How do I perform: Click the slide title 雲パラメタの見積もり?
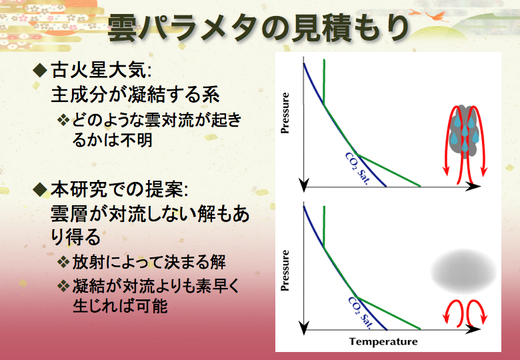258,29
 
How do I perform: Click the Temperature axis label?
383,342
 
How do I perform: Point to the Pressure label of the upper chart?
285,113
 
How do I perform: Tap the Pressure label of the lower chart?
285,271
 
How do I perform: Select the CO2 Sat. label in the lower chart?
360,312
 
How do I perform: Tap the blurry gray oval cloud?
464,272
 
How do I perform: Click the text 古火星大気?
101,70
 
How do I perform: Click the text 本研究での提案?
119,189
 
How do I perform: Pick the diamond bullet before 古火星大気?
40,70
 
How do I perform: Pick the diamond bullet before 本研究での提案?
40,189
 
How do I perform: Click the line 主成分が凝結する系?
135,95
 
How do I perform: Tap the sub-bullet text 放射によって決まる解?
149,262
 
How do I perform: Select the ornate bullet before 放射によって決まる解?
63,262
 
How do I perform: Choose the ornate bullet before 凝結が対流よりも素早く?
63,285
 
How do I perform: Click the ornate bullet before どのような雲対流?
63,120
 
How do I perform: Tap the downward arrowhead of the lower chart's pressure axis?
304,328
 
